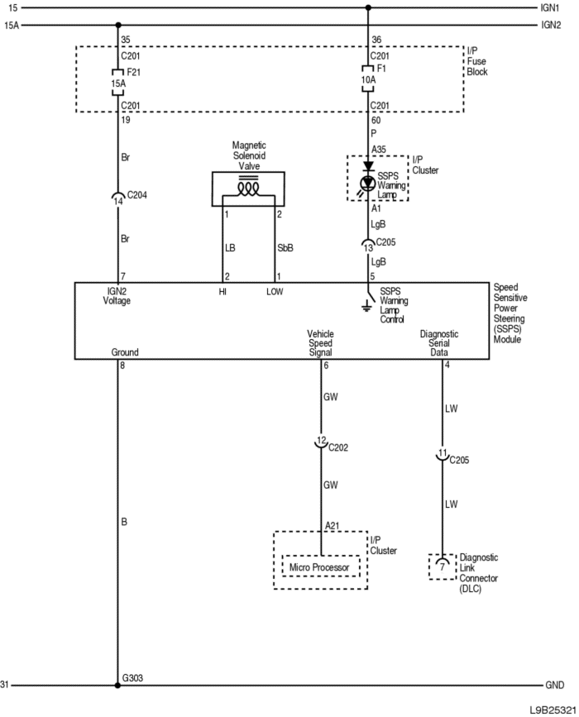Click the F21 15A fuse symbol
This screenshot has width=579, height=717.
tap(117, 84)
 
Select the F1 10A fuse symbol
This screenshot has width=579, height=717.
tap(368, 79)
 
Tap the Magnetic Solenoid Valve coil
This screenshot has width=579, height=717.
tap(247, 188)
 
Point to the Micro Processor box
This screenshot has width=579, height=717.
tap(321, 568)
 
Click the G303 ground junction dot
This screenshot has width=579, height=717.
tap(117, 685)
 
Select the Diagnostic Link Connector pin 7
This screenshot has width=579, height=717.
tap(442, 568)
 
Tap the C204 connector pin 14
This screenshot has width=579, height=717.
tap(117, 198)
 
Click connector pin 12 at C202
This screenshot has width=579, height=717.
tap(321, 442)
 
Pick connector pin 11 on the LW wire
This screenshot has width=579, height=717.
tap(443, 455)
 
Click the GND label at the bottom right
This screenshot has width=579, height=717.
tap(553, 686)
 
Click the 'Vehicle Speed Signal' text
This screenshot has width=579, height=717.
tap(320, 342)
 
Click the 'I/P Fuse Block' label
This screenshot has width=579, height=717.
tap(477, 62)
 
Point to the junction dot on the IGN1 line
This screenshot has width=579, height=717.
tap(368, 7)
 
